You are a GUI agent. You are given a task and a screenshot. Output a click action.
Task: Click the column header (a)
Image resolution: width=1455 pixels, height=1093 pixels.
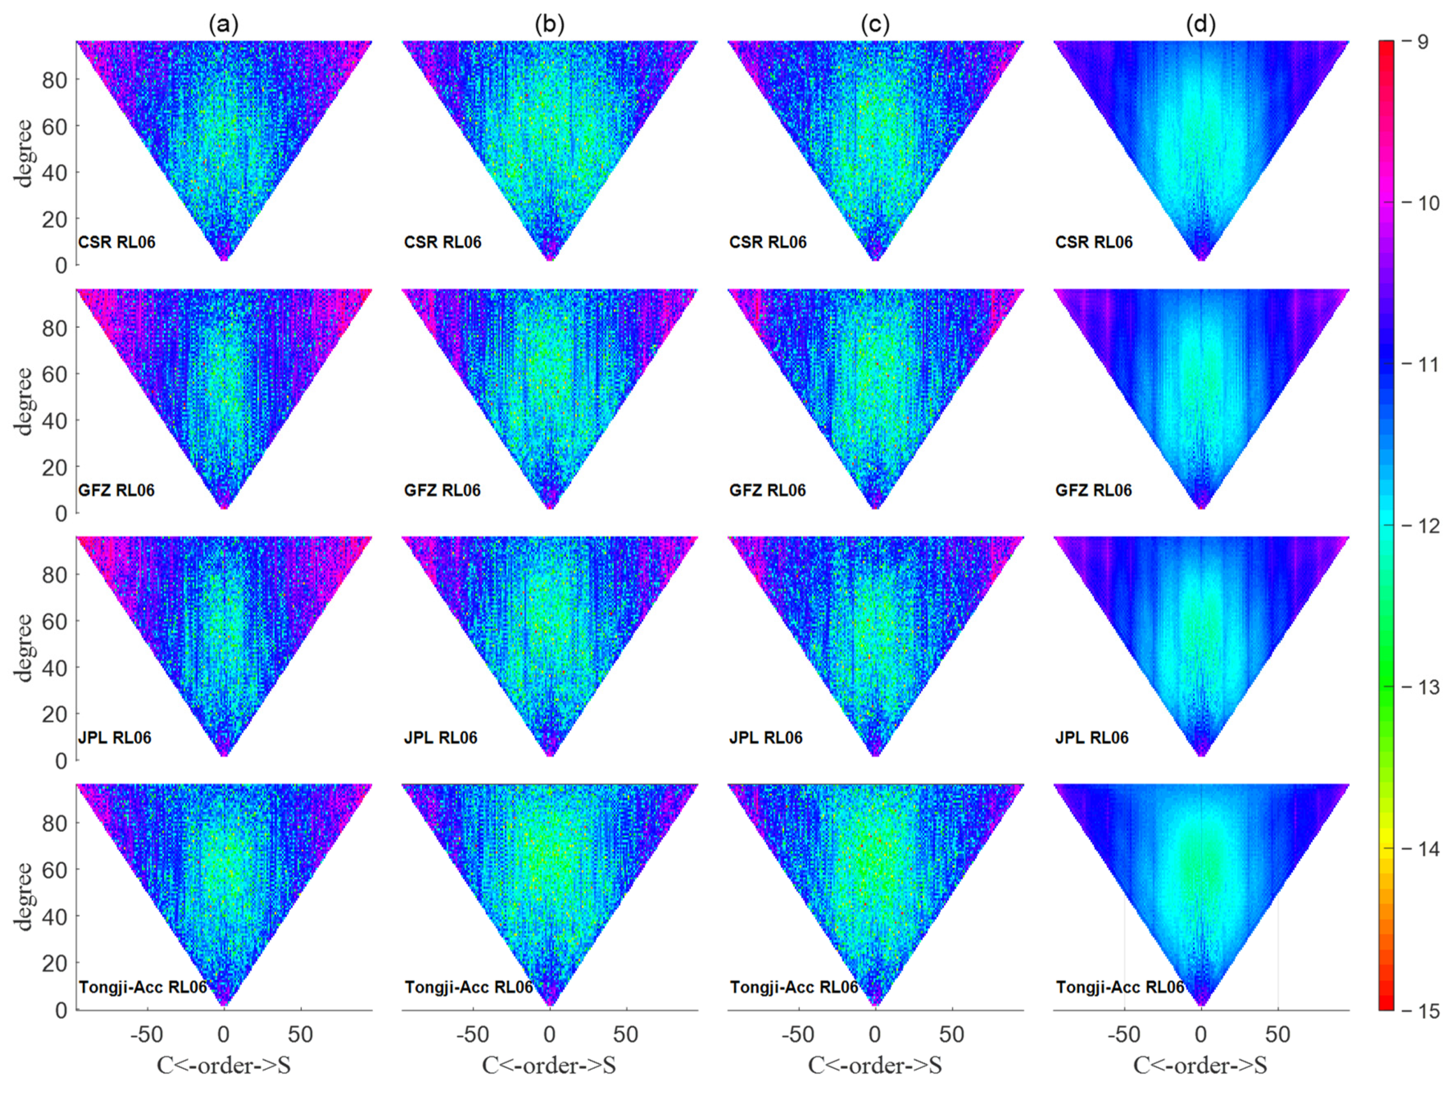pos(223,25)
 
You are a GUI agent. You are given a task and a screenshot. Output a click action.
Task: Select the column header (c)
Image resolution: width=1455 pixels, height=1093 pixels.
pos(875,25)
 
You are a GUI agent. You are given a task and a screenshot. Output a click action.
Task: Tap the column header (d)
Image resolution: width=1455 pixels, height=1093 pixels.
pos(1201,25)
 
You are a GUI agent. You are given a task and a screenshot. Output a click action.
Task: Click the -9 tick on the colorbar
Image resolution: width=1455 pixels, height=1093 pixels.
pos(1422,42)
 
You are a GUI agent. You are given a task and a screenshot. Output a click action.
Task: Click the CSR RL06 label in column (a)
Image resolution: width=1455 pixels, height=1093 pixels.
pos(117,242)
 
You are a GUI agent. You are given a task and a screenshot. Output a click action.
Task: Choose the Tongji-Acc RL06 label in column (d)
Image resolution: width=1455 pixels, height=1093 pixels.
pos(1120,987)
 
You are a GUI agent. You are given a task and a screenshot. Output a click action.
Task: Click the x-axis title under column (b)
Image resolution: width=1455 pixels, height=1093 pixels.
pos(549,1065)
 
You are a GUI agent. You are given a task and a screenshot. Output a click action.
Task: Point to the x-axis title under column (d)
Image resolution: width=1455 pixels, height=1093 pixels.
pos(1201,1065)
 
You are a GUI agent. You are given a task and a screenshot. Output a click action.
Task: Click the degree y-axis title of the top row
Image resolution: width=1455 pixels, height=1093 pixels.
pos(25,153)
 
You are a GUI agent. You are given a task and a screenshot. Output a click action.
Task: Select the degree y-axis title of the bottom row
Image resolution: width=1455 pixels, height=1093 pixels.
pos(25,896)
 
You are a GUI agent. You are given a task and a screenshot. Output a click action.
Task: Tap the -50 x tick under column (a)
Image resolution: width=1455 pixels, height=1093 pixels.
pos(147,1034)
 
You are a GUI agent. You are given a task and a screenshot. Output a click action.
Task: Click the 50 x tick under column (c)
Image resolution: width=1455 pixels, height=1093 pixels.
pos(952,1034)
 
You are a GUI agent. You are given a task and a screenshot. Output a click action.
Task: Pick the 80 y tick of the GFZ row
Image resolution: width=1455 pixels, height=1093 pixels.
pos(55,328)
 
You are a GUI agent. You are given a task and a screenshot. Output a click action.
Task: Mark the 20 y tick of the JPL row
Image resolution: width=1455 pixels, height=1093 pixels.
pos(55,714)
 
